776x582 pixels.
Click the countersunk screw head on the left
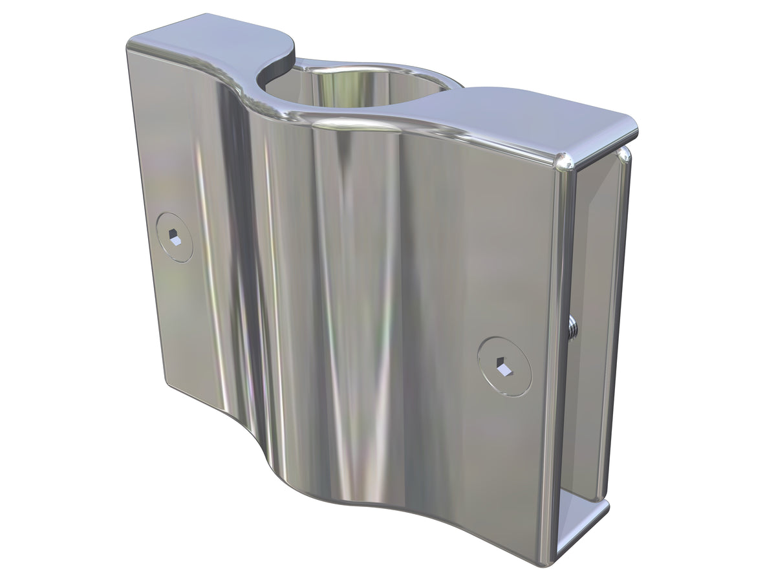(175, 237)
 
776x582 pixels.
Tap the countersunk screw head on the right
(504, 365)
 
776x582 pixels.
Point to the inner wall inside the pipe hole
(349, 91)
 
